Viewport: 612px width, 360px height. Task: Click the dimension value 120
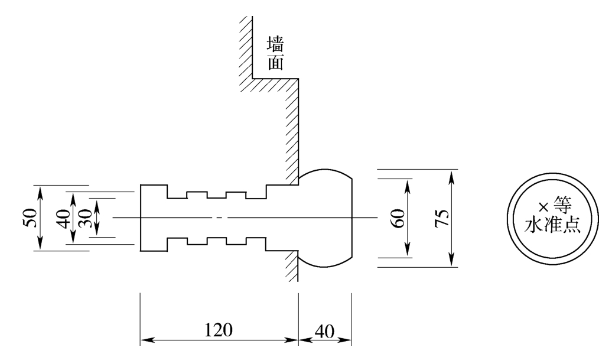218,330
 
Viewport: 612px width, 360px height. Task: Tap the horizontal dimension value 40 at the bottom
324,332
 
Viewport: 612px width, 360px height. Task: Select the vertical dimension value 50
30,218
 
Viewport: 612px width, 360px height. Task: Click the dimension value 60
398,218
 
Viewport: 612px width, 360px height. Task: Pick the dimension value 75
441,218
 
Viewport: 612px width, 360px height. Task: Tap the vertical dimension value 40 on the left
64,218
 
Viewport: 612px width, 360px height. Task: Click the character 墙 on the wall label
275,44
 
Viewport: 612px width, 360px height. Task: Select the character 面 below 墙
275,62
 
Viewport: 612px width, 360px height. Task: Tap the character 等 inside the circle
562,205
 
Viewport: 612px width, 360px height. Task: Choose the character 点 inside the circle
571,225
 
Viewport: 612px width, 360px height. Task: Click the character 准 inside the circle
552,225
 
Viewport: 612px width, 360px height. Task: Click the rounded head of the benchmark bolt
325,218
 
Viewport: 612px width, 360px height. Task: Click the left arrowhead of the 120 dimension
145,340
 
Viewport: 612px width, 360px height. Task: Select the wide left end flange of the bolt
154,218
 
